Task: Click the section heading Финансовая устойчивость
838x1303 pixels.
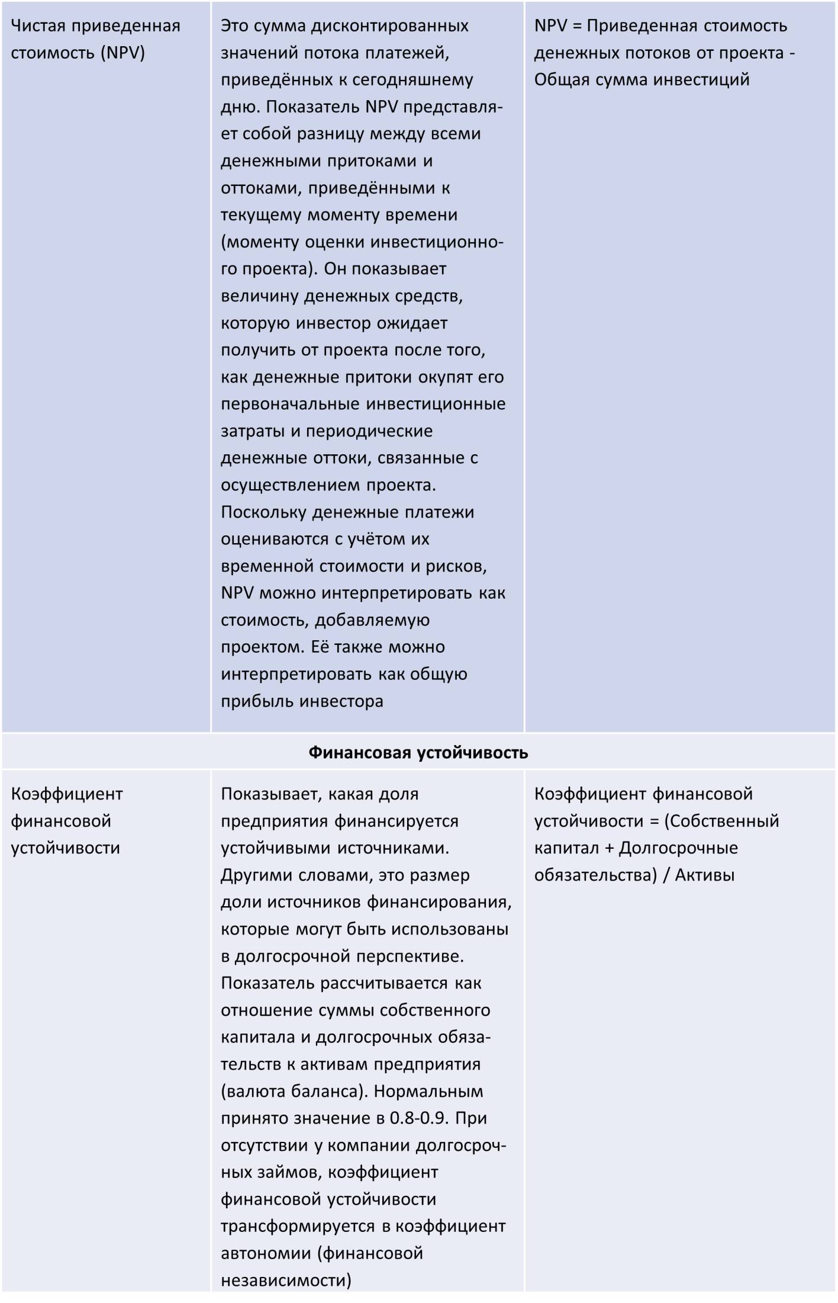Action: click(x=418, y=753)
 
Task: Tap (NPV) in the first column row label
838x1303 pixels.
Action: click(x=123, y=53)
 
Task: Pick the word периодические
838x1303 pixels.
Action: click(x=369, y=431)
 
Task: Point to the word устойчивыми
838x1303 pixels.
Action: click(x=276, y=848)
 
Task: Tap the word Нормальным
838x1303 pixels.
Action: click(x=429, y=1091)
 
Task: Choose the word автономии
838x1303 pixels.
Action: click(x=266, y=1253)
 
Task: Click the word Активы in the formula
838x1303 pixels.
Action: click(x=705, y=875)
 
